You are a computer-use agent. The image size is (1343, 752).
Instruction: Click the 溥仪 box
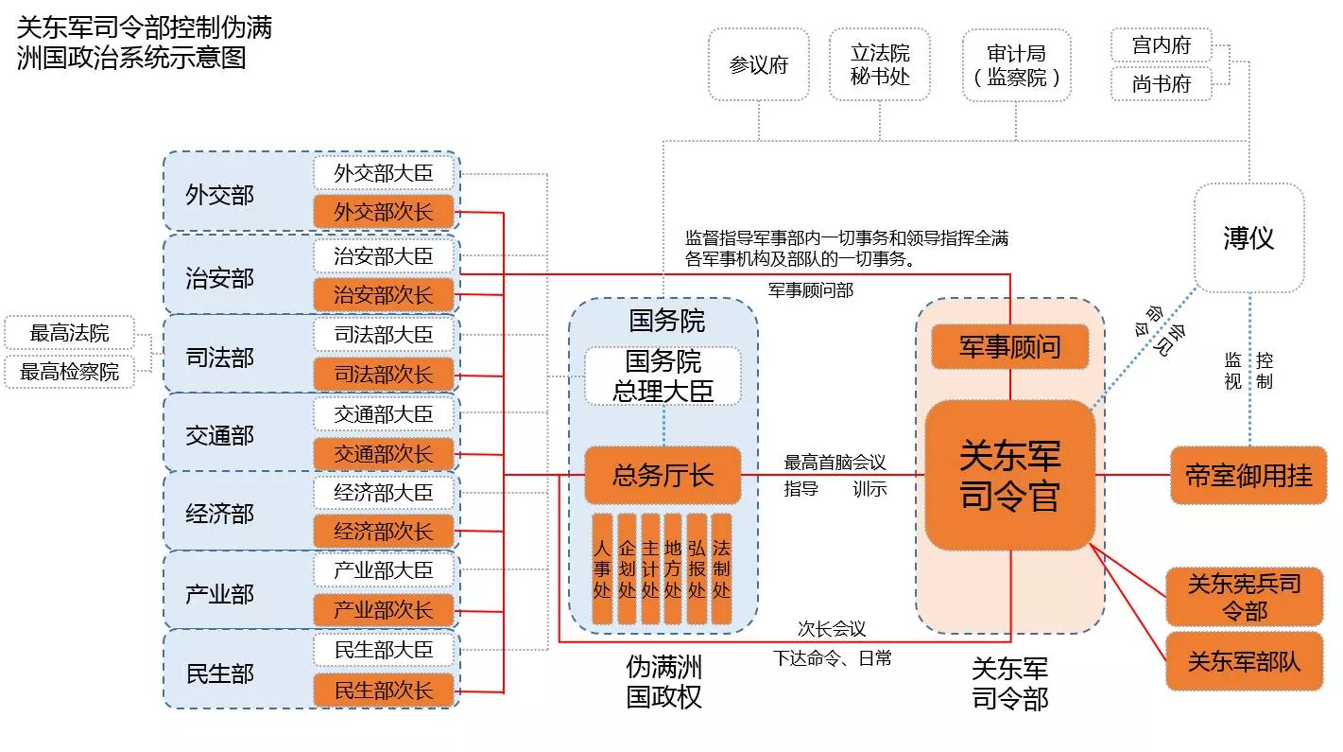point(1248,237)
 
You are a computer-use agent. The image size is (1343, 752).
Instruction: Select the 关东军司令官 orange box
point(1009,475)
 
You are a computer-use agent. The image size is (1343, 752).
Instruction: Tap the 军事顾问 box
point(1009,347)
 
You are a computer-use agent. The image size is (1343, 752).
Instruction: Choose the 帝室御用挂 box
point(1248,475)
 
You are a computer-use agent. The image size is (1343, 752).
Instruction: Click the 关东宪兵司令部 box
point(1244,597)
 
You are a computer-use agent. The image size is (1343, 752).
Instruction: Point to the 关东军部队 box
point(1244,661)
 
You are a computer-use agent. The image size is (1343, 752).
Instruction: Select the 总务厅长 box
point(663,475)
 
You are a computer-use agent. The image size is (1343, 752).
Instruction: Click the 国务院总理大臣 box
point(663,376)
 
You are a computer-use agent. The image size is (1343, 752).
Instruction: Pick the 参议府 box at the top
point(758,65)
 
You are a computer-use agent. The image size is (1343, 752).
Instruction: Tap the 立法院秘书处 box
point(880,64)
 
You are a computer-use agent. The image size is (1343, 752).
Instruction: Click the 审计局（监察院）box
point(1016,65)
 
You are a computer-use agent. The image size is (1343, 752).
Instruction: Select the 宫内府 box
point(1161,44)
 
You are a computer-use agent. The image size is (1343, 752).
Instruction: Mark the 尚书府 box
point(1161,84)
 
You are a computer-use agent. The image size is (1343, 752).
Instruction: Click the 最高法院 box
point(69,333)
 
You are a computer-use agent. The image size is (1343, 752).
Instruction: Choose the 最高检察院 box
point(69,372)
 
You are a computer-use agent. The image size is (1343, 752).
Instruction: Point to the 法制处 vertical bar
point(721,568)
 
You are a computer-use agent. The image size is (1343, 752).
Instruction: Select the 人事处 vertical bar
point(602,568)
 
